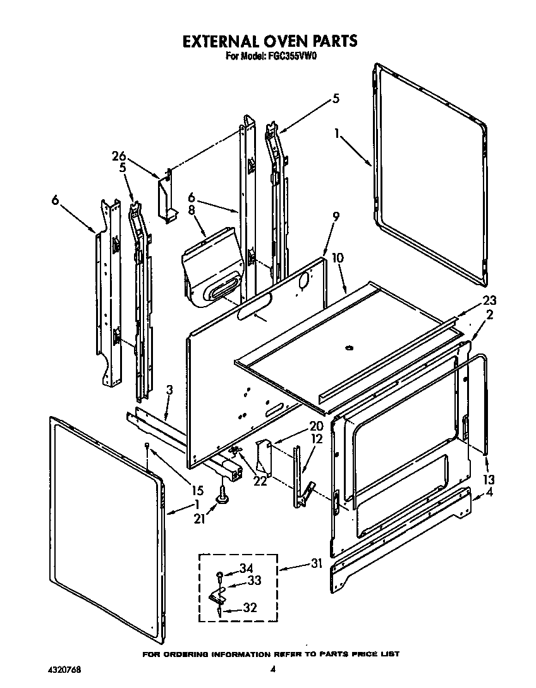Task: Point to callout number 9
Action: [x=336, y=217]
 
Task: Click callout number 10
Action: [x=338, y=258]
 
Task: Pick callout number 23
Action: [x=490, y=301]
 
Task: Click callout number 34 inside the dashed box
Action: [x=247, y=568]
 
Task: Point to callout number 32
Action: [x=251, y=608]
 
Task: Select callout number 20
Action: [x=316, y=426]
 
